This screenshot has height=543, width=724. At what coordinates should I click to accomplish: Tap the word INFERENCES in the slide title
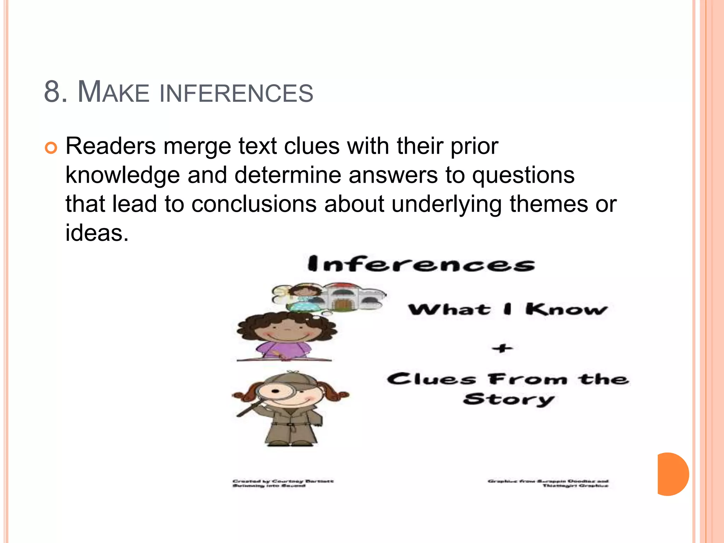pos(236,93)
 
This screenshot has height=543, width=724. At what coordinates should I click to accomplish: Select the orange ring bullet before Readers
pos(51,148)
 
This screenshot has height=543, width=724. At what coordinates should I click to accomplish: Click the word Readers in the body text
pos(110,146)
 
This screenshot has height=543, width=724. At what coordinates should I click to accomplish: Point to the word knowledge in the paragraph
pos(122,175)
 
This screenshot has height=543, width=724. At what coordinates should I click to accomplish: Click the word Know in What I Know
pos(566,309)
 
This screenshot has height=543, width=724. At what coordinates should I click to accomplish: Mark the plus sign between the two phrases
pos(502,349)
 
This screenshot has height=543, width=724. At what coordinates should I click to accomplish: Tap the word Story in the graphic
pos(508,399)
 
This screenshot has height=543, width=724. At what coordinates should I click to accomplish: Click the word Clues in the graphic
pos(431,379)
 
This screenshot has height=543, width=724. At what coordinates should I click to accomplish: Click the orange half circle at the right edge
pos(672,474)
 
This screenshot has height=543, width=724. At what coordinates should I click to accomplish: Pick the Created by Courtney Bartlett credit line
pos(283,481)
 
